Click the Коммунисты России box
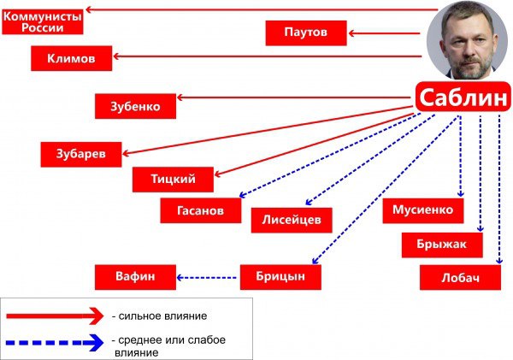(x=43, y=22)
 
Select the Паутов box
(x=306, y=32)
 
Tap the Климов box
(x=71, y=58)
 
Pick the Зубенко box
(x=135, y=106)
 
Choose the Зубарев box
(x=81, y=155)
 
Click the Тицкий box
(x=173, y=180)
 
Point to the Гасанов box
(x=201, y=210)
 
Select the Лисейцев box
(x=292, y=220)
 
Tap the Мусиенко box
(x=423, y=210)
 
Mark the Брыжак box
(x=442, y=245)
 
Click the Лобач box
(x=460, y=278)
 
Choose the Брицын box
(x=280, y=277)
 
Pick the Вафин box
(x=135, y=277)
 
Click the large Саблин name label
(x=463, y=97)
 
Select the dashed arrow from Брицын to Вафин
(x=206, y=278)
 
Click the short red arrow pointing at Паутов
(x=384, y=33)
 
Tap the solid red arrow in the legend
(x=55, y=316)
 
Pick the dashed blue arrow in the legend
(x=55, y=343)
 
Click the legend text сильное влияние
(x=162, y=316)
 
